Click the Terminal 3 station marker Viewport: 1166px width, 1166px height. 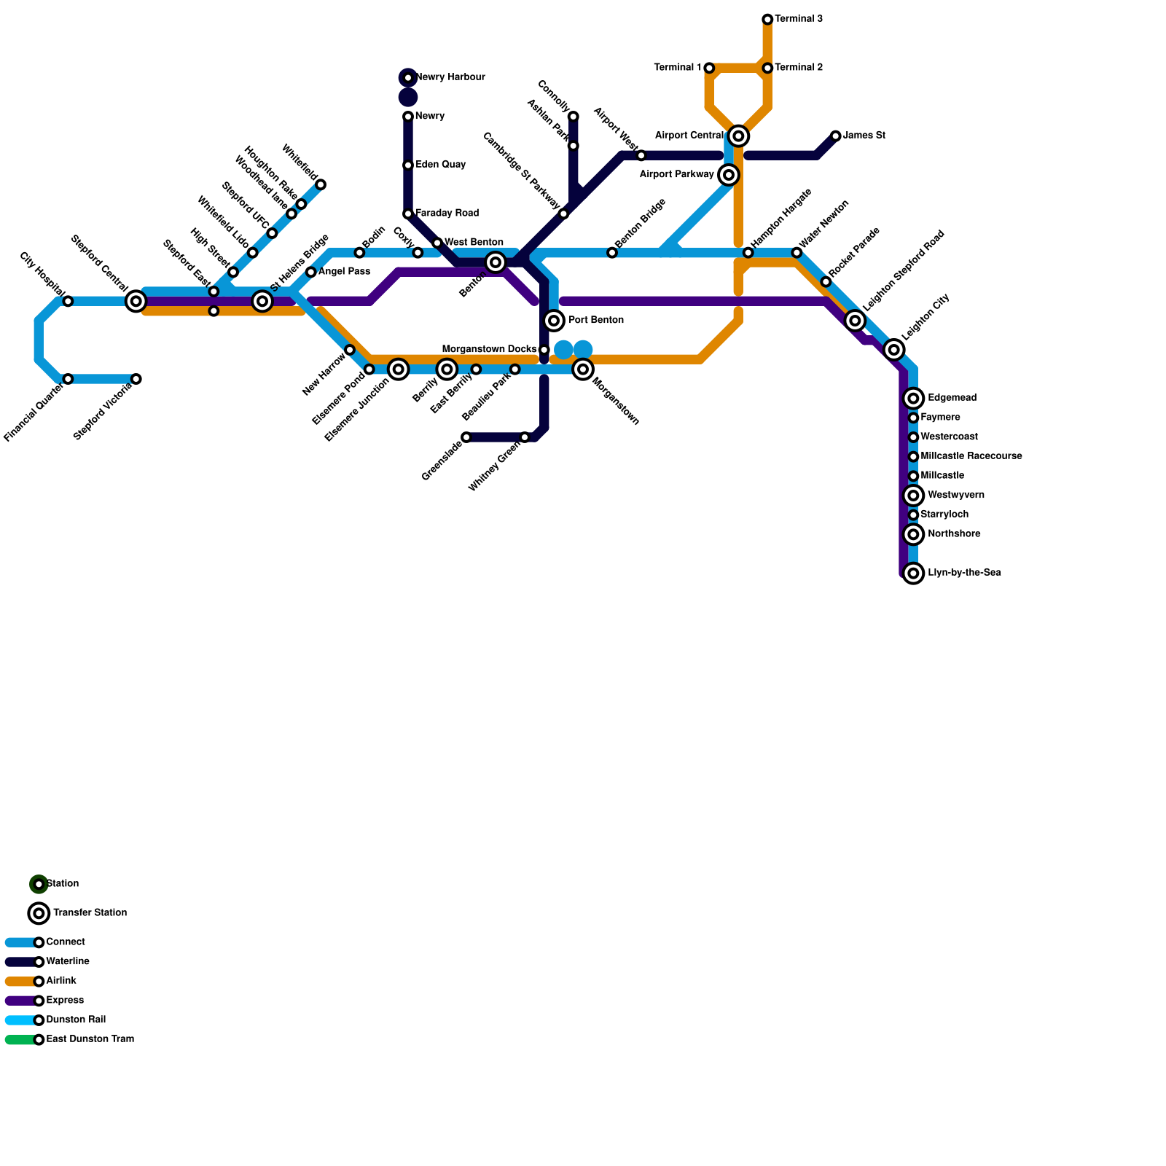767,19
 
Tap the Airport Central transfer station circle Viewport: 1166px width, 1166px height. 738,136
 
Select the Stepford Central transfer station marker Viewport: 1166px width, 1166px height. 136,301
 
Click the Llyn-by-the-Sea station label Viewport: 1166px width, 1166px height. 964,573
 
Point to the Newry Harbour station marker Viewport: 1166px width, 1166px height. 408,77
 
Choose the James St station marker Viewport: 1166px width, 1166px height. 836,136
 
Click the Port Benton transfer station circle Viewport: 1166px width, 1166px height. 554,321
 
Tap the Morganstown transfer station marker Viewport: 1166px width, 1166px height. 583,369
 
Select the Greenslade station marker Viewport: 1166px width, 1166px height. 466,437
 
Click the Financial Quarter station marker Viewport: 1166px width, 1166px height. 68,379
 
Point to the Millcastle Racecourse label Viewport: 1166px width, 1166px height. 971,456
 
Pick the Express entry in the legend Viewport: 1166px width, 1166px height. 64,1001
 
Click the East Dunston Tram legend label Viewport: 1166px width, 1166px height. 90,1039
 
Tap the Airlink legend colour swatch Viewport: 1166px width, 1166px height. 20,982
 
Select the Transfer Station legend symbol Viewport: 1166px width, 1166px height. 39,913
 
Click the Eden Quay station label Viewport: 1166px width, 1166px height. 440,165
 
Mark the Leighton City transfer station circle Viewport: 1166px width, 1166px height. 894,350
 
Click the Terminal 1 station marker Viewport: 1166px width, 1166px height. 709,68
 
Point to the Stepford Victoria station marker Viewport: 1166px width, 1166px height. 136,379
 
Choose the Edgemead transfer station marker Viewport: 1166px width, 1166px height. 914,399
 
